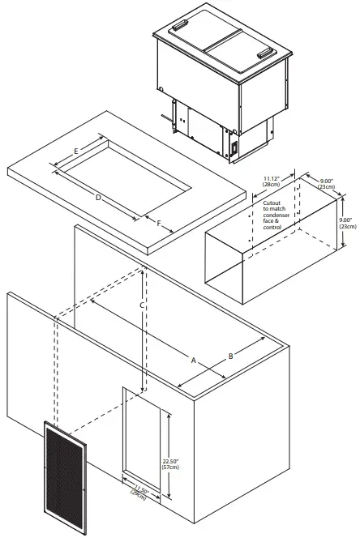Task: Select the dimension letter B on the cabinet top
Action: pos(231,356)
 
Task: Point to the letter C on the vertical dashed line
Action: pos(142,305)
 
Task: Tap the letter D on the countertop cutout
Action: pos(98,198)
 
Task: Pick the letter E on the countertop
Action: pos(76,152)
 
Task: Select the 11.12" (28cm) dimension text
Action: pos(273,181)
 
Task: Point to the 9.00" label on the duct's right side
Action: pos(345,223)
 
